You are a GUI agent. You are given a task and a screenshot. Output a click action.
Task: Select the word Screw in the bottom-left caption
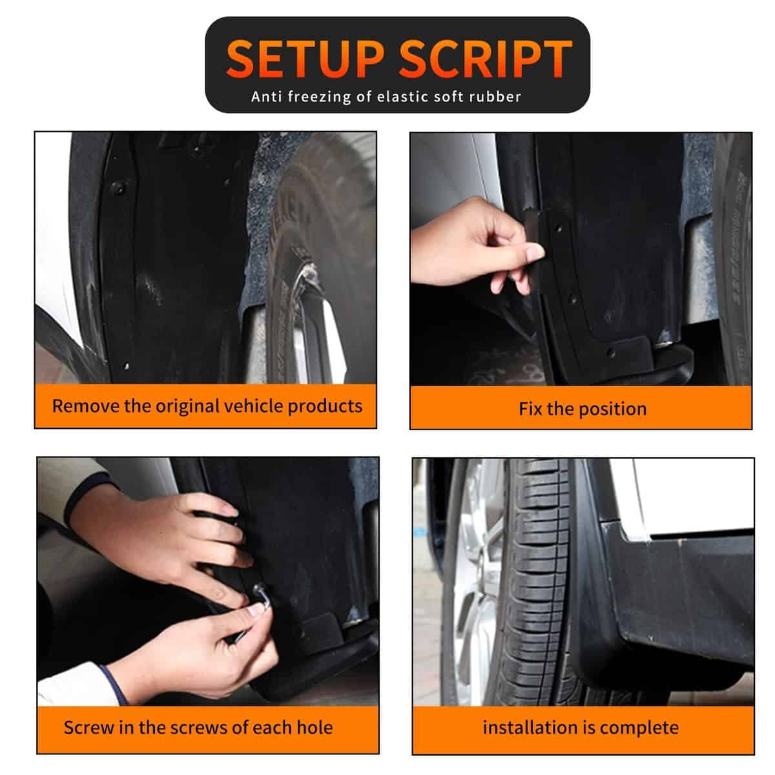(x=88, y=727)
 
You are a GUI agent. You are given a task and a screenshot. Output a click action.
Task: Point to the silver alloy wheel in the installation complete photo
(x=475, y=581)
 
